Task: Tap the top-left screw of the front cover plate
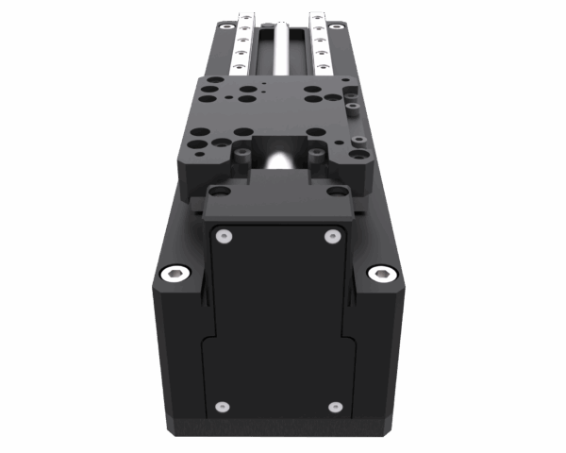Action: [224, 235]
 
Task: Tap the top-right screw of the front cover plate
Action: [331, 235]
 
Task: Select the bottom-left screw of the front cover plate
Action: [222, 407]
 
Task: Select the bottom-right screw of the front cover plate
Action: [334, 407]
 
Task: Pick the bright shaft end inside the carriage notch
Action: [279, 160]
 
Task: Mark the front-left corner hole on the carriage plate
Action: [198, 145]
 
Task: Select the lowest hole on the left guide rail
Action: [243, 66]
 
